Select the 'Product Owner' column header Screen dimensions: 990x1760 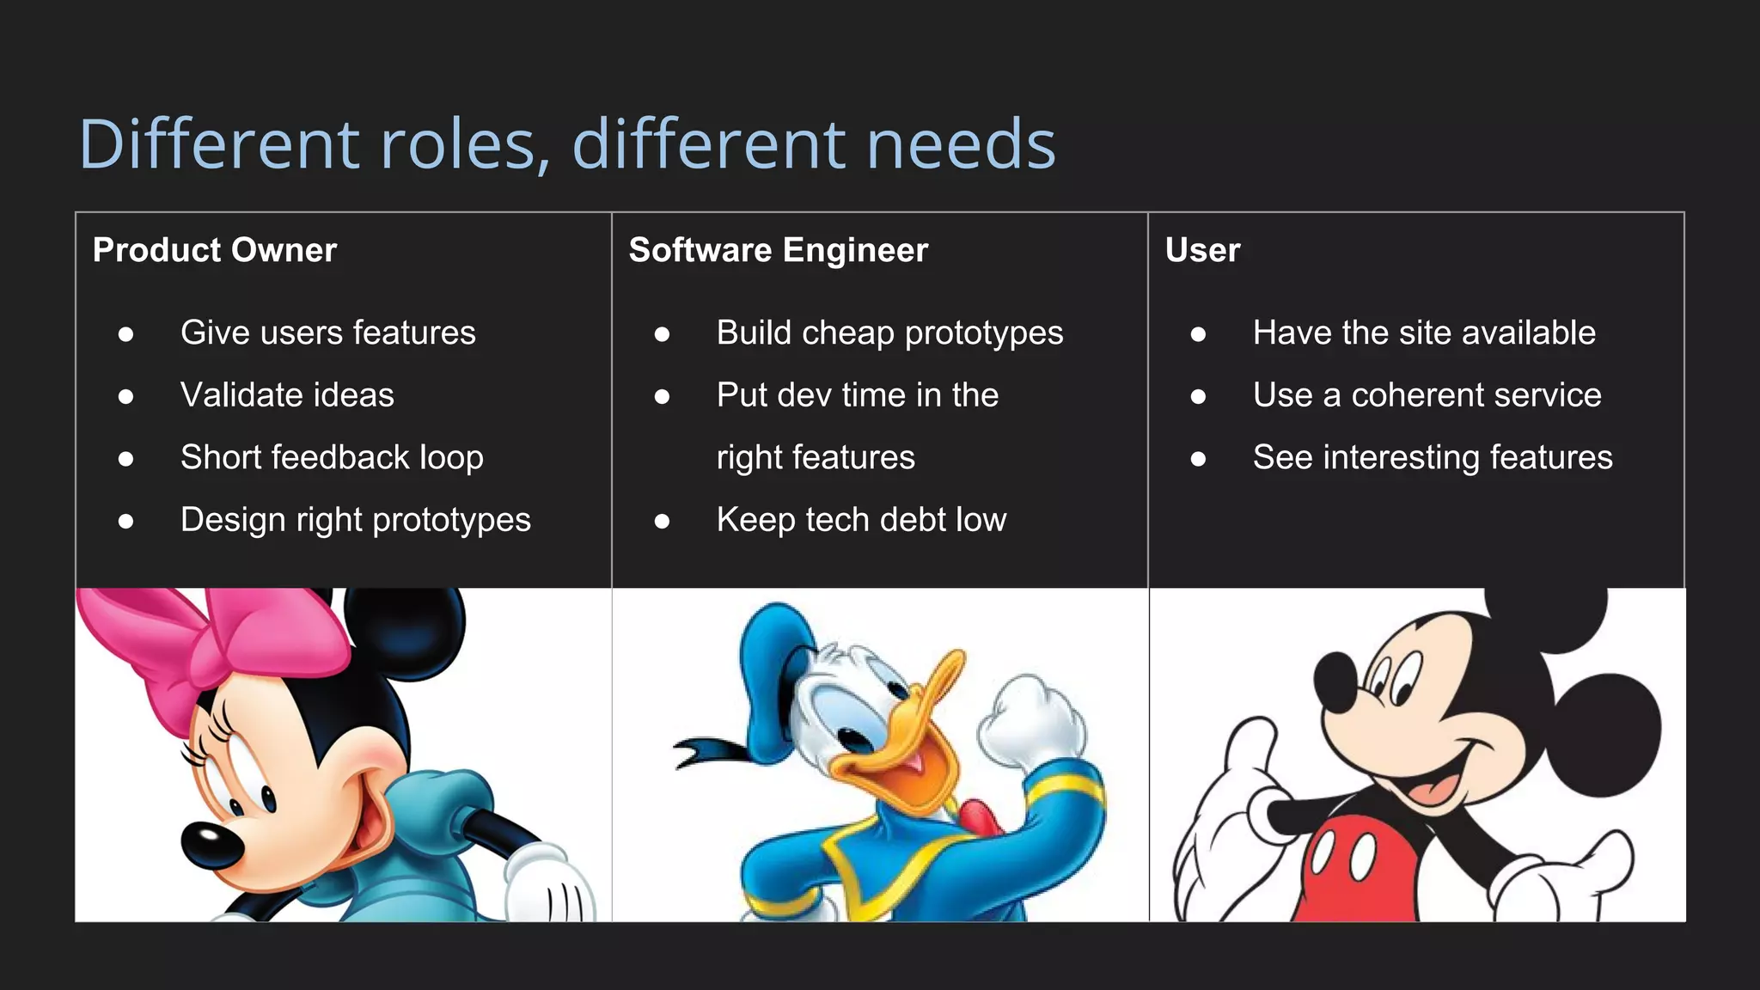point(214,250)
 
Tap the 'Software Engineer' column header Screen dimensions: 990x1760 point(778,250)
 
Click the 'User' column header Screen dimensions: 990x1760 point(1201,250)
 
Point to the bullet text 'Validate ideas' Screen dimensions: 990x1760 point(287,395)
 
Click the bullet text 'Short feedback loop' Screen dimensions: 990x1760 point(332,457)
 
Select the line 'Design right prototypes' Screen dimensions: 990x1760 point(355,520)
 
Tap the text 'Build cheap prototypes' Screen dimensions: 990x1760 point(889,333)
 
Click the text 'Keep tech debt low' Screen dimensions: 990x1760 point(861,520)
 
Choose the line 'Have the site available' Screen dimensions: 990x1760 point(1423,333)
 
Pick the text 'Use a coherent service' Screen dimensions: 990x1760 point(1427,395)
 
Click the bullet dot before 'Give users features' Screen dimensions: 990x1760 point(126,333)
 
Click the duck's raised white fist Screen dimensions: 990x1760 point(1027,722)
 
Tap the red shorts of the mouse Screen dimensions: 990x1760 point(1358,868)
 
